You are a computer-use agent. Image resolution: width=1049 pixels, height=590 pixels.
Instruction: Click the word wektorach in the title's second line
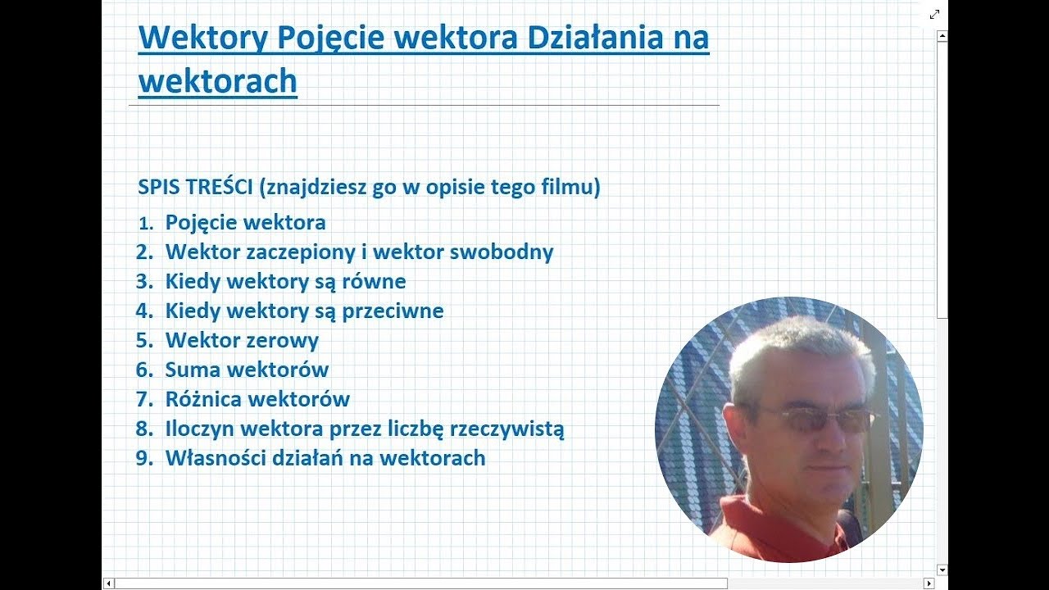coord(217,81)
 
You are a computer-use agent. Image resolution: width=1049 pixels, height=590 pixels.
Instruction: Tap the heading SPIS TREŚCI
coord(196,187)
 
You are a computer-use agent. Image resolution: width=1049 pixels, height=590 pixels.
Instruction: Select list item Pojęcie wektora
coord(245,222)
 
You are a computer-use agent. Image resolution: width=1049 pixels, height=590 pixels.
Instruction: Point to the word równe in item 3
coord(376,281)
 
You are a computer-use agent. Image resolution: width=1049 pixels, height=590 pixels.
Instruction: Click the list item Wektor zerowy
coord(242,340)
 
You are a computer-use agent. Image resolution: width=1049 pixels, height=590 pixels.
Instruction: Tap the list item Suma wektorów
coord(247,370)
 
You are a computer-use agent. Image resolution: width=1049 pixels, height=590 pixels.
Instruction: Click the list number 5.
coord(144,340)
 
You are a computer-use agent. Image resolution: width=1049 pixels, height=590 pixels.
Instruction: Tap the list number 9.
coord(144,458)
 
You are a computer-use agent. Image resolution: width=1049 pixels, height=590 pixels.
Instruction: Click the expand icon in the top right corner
coord(934,14)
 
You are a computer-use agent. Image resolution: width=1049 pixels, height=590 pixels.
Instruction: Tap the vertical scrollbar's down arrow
coord(942,570)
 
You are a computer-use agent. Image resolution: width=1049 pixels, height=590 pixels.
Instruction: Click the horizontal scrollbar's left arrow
coord(109,583)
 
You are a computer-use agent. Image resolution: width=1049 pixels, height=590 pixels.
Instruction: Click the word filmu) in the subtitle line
coord(571,187)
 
